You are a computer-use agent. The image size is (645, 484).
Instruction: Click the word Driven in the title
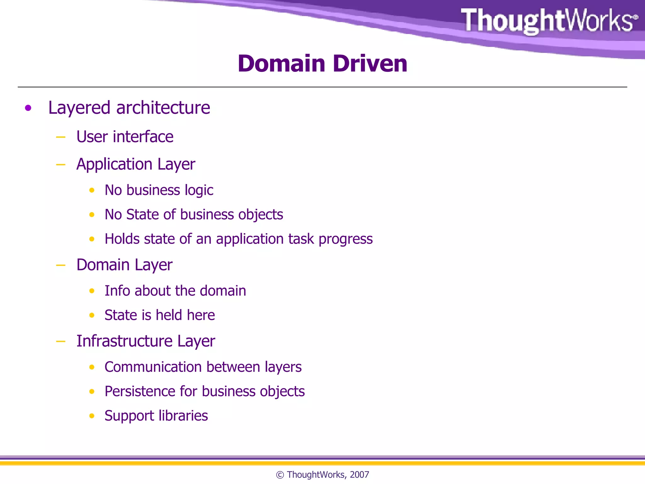(x=370, y=64)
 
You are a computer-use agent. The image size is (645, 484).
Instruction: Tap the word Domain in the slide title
(x=281, y=64)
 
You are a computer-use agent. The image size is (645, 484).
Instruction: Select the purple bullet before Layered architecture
(x=28, y=108)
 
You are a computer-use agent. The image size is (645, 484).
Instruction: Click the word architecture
(x=163, y=108)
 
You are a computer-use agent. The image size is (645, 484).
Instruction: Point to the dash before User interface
(x=60, y=137)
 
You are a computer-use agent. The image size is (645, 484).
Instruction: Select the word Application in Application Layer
(x=114, y=164)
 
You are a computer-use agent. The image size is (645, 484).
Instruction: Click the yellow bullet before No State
(x=92, y=215)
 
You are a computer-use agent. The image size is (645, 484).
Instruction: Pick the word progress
(x=345, y=239)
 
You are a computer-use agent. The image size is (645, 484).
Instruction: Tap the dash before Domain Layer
(x=60, y=265)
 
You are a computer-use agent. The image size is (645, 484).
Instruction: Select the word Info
(x=117, y=291)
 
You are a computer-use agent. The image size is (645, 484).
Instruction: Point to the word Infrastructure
(x=124, y=341)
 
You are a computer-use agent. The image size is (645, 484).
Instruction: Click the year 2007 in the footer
(x=359, y=475)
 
